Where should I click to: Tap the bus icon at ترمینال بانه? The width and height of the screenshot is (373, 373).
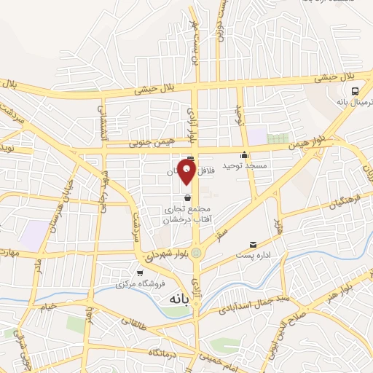354,91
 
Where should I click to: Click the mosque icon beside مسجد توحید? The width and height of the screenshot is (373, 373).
245,155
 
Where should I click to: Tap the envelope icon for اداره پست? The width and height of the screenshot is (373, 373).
253,245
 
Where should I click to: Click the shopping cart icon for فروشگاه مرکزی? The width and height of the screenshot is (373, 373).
141,273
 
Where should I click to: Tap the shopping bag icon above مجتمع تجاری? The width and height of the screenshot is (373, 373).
188,197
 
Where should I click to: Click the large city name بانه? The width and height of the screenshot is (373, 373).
179,299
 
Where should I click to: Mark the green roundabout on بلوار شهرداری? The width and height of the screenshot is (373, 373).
195,252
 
